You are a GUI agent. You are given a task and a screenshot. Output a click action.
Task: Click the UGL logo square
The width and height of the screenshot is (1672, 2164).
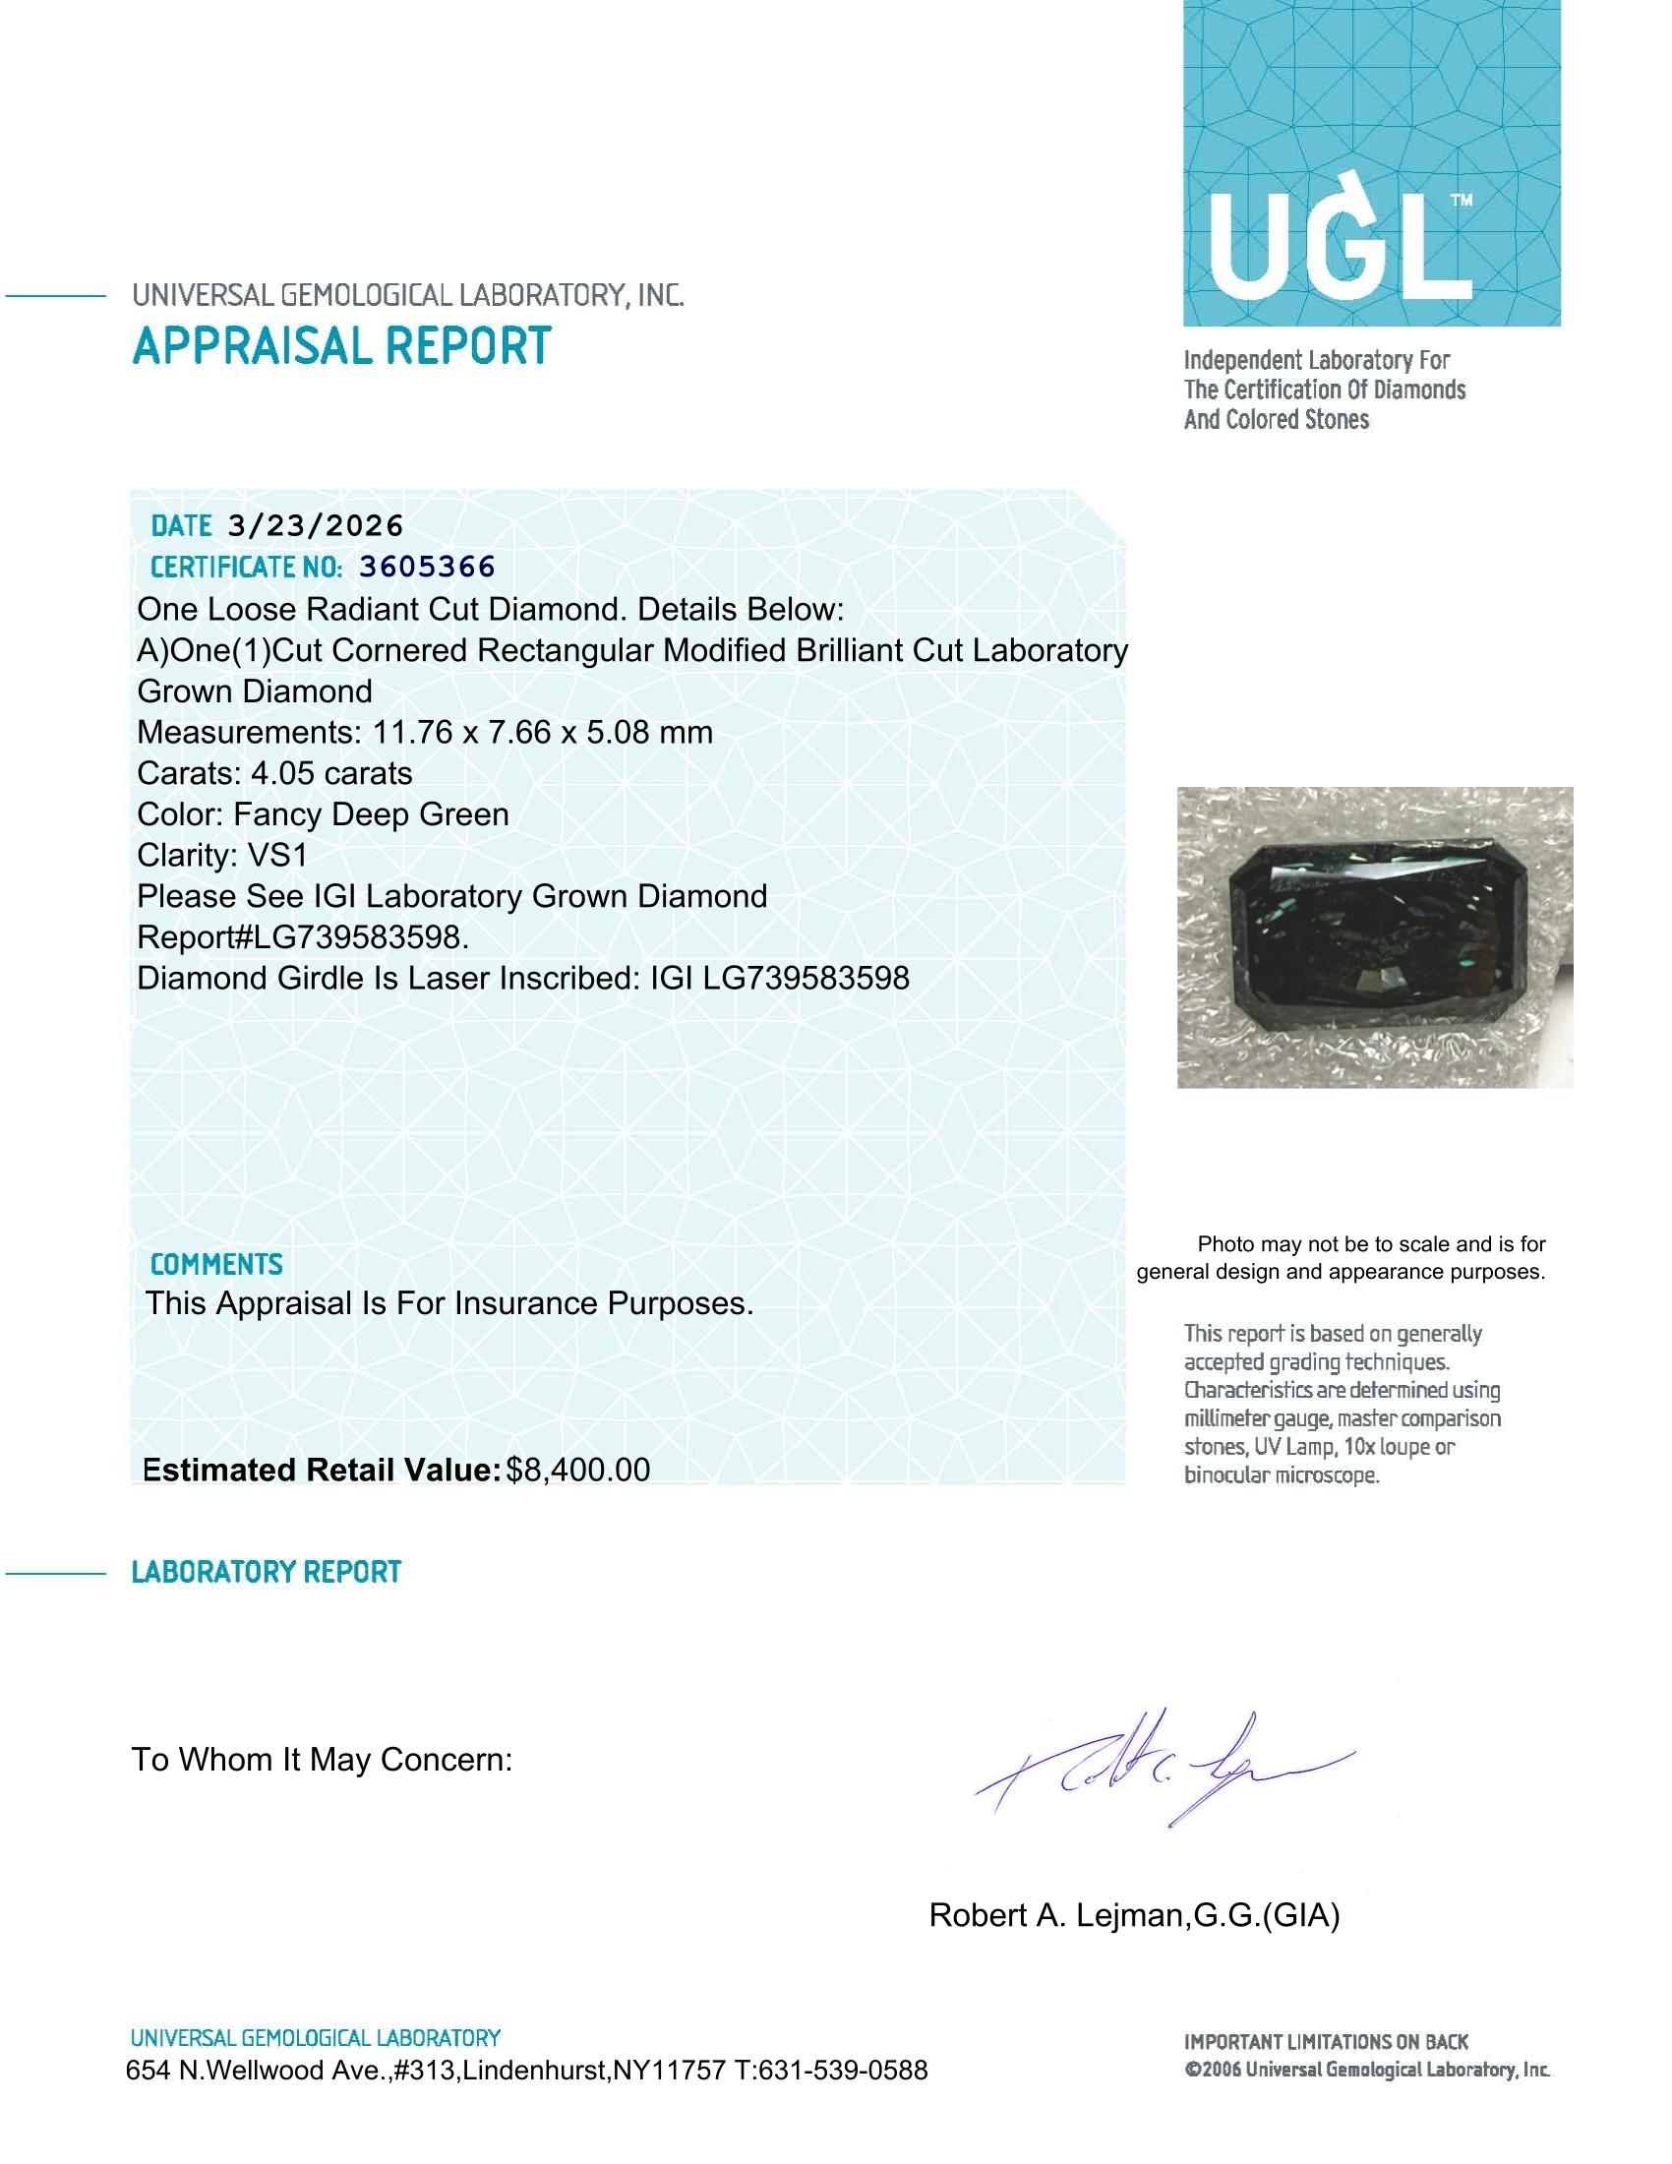point(1371,162)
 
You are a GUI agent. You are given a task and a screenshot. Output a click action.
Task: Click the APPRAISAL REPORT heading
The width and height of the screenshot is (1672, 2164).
point(340,347)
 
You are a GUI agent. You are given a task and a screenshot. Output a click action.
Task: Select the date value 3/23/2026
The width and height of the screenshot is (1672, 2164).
point(315,525)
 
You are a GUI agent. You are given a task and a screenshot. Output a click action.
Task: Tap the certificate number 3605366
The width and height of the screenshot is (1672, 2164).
point(427,567)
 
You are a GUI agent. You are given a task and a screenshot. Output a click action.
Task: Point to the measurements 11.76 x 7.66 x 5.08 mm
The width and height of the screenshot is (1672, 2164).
point(543,732)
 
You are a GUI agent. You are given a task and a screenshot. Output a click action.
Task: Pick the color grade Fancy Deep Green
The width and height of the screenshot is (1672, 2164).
point(372,814)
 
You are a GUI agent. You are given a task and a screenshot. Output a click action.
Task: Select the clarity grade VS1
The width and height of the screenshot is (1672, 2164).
point(278,855)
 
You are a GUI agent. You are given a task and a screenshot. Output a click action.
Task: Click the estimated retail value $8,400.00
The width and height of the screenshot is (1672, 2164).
point(577,1471)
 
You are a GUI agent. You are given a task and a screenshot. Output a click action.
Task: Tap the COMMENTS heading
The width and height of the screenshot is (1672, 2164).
point(216,1264)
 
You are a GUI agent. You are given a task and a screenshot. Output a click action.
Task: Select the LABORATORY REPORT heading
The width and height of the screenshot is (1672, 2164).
point(266,1573)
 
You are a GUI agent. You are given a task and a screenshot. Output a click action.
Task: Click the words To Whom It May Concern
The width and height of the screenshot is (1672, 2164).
point(322,1760)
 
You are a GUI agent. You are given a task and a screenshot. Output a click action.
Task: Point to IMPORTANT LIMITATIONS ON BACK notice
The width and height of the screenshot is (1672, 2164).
point(1326,2041)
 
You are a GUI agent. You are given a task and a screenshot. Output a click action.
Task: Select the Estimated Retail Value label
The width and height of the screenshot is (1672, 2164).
point(321,1471)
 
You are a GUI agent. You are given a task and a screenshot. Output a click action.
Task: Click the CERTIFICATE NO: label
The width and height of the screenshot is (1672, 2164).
point(247,568)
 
